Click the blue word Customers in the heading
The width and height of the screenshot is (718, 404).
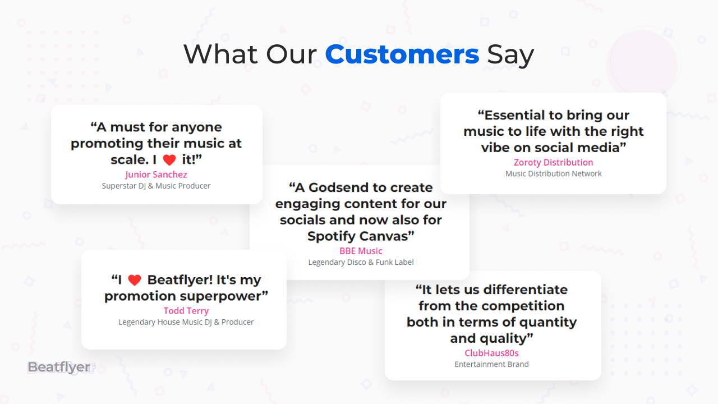coord(402,54)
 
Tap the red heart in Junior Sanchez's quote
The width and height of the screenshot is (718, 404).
coord(169,160)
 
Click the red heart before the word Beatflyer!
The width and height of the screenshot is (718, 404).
coord(135,280)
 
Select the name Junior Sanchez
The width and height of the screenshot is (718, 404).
coord(156,175)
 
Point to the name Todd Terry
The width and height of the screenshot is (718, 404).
coord(186,311)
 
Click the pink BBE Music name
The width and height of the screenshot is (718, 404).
coord(361,251)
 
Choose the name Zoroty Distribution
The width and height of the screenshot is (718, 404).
coord(554,162)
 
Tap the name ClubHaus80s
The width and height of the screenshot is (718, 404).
coord(492,353)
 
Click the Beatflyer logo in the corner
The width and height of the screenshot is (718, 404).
coord(61,368)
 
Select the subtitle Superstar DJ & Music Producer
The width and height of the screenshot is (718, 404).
coord(156,186)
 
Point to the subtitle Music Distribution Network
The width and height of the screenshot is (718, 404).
coord(554,173)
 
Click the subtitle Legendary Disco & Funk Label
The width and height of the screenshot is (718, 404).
coord(361,262)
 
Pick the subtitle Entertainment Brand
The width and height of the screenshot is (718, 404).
coord(492,364)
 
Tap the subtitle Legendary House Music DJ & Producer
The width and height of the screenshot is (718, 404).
coord(186,322)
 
